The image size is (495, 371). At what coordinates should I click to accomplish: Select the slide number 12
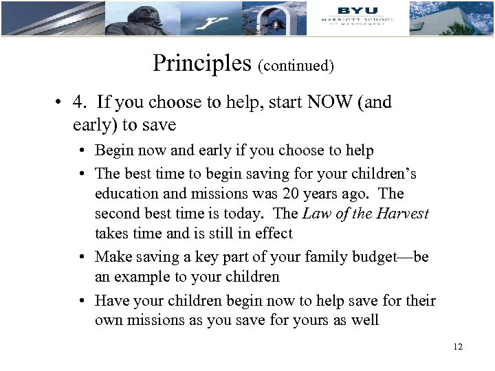tap(458, 346)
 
